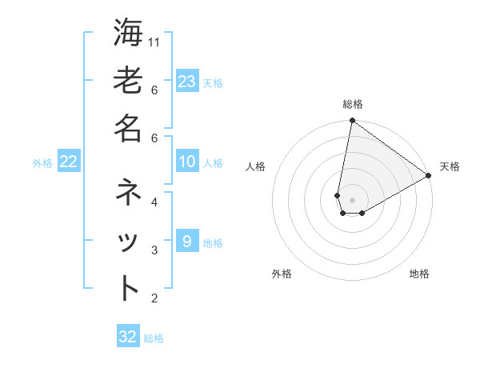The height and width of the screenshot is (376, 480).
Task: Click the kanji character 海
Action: coord(128,34)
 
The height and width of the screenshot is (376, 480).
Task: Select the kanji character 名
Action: coord(128,128)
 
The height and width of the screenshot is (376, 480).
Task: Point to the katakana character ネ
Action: coord(128,193)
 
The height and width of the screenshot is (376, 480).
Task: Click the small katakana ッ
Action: coord(128,242)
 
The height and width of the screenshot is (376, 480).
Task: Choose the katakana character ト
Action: coord(128,288)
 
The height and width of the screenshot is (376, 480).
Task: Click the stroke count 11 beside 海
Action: coord(155,42)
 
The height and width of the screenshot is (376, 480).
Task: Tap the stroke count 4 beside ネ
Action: coord(154,202)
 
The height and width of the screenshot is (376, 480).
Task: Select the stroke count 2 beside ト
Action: coord(154,298)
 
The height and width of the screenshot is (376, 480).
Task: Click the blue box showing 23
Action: coord(186,82)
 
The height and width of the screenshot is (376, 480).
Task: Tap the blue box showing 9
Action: coord(186,242)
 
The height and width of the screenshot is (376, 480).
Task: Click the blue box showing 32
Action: coord(128,337)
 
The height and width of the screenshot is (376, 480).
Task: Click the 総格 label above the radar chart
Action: coord(352,104)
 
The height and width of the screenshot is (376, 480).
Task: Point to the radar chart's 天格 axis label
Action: coord(450,166)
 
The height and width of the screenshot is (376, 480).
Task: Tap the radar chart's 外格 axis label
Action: coord(282,274)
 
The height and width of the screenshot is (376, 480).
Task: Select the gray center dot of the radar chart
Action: coord(352,200)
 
